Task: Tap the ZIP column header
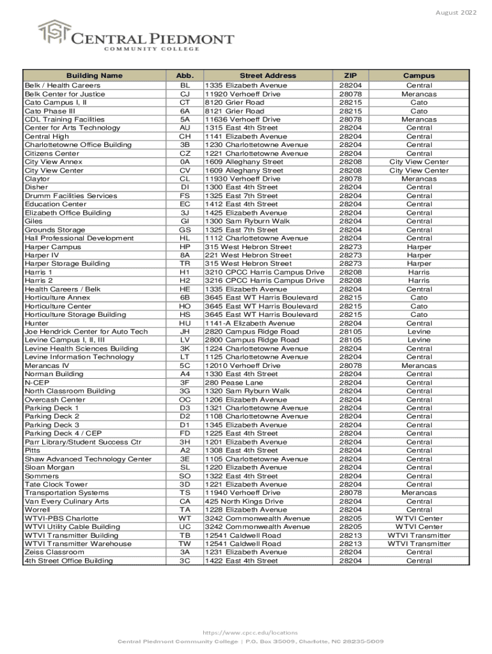[350, 75]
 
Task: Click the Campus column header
[419, 75]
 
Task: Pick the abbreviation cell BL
[185, 86]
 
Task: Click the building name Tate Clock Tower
[56, 485]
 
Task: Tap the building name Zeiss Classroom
[54, 552]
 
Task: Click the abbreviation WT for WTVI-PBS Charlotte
[185, 519]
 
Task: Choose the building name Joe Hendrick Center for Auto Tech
[86, 331]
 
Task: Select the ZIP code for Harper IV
[350, 255]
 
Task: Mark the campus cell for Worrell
[419, 510]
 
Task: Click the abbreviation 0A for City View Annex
[185, 162]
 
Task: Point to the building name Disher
[36, 187]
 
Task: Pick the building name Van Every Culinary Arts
[66, 501]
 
